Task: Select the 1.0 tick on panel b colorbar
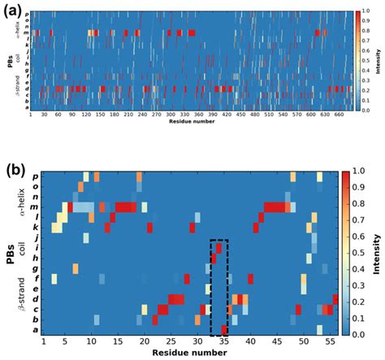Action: point(358,171)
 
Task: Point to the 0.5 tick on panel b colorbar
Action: point(358,253)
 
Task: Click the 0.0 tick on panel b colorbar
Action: point(358,333)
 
